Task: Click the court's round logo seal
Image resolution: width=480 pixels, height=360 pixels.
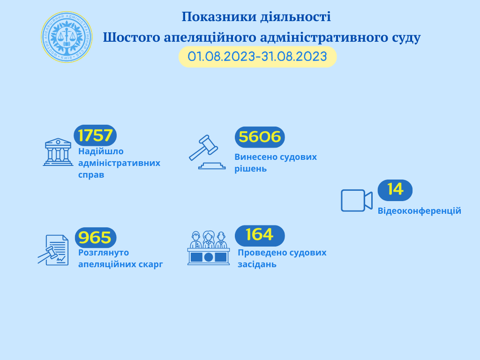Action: (x=67, y=37)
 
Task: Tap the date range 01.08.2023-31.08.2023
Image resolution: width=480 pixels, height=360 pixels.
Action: (x=257, y=57)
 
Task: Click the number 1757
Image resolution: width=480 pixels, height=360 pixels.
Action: (x=95, y=135)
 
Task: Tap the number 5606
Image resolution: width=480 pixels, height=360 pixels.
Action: (x=260, y=137)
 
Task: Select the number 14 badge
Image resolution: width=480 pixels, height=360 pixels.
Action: (x=395, y=190)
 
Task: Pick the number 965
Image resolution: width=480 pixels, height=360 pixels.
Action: (x=95, y=238)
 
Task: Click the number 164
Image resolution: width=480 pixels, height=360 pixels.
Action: (x=260, y=235)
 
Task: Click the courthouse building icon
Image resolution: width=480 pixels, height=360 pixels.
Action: (x=58, y=152)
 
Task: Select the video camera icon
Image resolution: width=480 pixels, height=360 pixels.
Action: (x=357, y=201)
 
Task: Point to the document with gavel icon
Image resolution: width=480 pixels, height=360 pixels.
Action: (x=53, y=250)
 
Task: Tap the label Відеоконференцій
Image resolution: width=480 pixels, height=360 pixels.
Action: (x=420, y=211)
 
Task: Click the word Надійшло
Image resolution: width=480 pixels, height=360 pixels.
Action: (x=101, y=151)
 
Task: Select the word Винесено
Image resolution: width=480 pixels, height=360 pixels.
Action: (x=254, y=157)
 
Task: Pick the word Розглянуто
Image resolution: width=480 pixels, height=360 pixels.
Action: (x=104, y=253)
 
